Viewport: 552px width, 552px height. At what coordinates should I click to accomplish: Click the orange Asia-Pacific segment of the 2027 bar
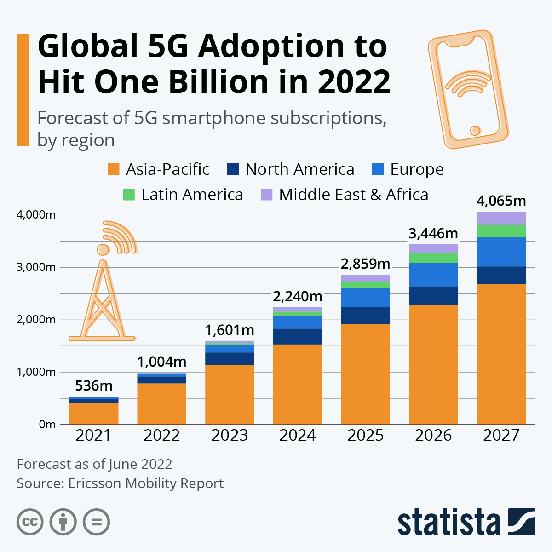[x=501, y=354]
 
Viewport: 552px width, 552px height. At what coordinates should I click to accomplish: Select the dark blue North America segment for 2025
[x=365, y=316]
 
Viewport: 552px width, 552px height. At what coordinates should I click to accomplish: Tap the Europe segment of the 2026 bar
[x=433, y=275]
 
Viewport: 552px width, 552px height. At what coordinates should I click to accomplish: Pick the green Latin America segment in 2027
[x=501, y=231]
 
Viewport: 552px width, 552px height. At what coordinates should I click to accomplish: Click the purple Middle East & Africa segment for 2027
[x=501, y=218]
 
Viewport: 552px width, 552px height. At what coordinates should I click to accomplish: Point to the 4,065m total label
[x=501, y=201]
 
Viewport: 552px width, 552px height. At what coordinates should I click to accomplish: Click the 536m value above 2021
[x=94, y=385]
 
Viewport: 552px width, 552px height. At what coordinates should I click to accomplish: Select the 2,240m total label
[x=298, y=296]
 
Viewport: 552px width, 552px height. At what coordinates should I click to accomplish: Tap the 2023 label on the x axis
[x=230, y=435]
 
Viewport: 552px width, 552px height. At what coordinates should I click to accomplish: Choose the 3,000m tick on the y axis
[x=36, y=267]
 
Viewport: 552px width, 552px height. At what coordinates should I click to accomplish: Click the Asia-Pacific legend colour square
[x=113, y=169]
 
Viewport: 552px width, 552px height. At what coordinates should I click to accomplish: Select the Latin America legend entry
[x=192, y=195]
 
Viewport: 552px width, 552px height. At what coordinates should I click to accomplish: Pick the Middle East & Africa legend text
[x=353, y=195]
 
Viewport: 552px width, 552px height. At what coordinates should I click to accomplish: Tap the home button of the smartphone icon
[x=475, y=131]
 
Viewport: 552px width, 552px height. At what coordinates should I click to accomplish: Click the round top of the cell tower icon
[x=103, y=249]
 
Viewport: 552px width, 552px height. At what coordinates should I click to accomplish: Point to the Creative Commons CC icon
[x=30, y=522]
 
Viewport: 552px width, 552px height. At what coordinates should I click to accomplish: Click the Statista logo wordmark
[x=448, y=522]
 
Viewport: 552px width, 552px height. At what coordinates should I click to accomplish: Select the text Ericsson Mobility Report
[x=146, y=483]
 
